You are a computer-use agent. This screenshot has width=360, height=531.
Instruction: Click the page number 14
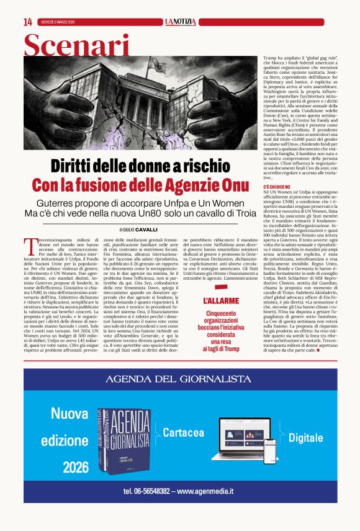pyautogui.click(x=27, y=22)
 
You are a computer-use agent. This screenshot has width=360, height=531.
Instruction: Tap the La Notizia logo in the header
pyautogui.click(x=181, y=22)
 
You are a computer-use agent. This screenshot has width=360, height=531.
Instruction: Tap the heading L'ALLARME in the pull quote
pyautogui.click(x=222, y=300)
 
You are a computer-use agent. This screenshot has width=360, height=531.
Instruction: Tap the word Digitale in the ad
pyautogui.click(x=306, y=437)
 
